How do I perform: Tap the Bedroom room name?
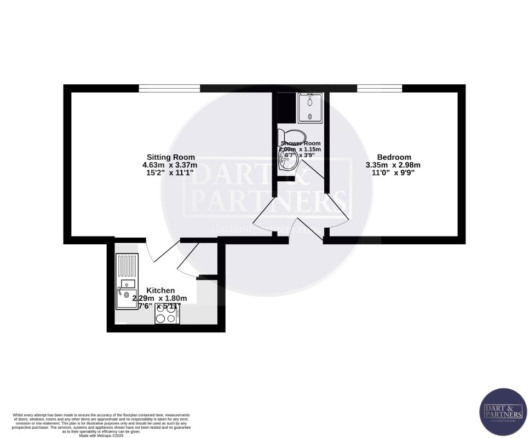[393, 157]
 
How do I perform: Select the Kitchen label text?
[160, 290]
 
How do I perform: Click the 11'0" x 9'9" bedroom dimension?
[393, 174]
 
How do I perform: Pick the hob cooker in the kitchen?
[168, 314]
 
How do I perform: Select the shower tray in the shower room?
[310, 107]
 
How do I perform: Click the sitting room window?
[169, 88]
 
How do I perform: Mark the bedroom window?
[379, 88]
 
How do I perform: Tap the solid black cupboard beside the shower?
[285, 107]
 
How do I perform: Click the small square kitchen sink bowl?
[129, 283]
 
